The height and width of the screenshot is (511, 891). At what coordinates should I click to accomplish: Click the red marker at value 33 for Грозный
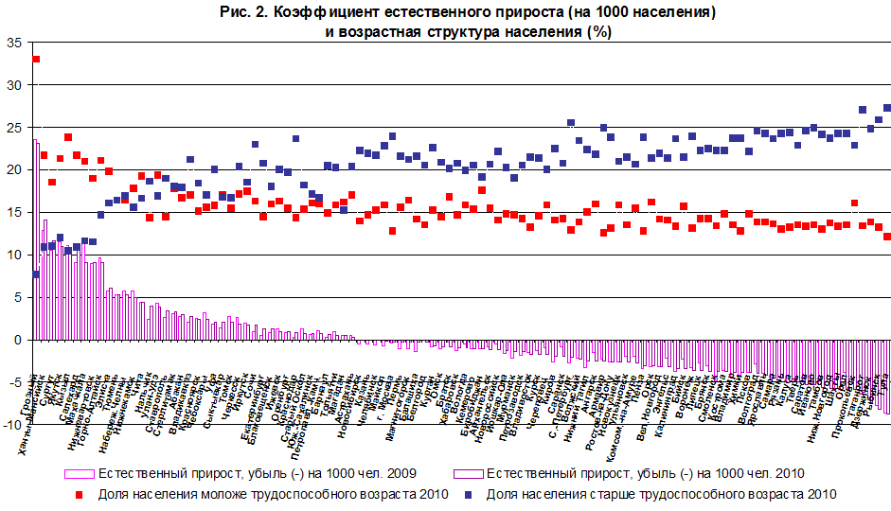click(36, 59)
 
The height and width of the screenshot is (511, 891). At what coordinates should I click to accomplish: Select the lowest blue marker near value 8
click(36, 274)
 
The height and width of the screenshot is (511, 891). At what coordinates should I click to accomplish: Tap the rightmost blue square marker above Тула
click(887, 108)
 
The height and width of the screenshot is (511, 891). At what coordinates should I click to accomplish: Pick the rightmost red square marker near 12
click(887, 237)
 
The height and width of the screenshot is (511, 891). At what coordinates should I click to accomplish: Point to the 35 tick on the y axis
click(12, 43)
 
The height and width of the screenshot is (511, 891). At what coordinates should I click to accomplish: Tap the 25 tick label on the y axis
click(12, 128)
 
